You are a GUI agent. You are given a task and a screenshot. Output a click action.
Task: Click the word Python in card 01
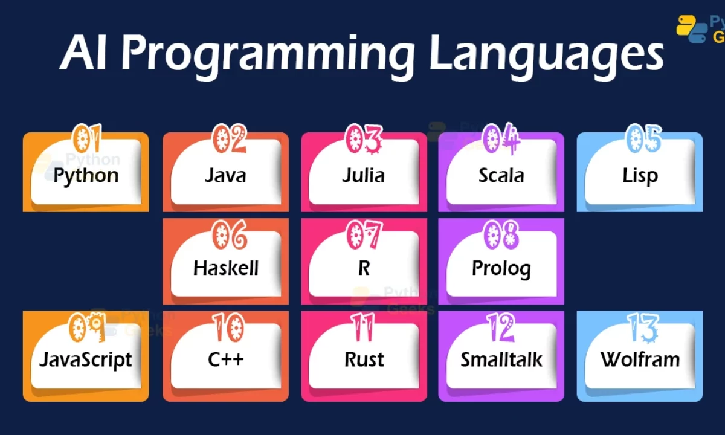point(86,176)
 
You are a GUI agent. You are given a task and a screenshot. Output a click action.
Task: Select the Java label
point(225,175)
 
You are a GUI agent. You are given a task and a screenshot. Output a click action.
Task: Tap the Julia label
point(364,175)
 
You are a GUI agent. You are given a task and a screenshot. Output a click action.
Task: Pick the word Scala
point(501,175)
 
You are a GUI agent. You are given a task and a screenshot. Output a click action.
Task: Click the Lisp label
point(640,176)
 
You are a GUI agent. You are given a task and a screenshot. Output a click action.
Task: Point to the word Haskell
point(226,268)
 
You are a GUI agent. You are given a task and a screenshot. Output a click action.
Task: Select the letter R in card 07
point(364,268)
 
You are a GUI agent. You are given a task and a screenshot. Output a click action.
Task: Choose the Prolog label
point(501,269)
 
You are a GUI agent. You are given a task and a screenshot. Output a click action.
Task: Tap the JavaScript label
point(86,360)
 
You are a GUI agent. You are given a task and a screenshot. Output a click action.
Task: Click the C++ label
point(225,359)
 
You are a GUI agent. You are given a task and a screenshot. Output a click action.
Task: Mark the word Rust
point(364,359)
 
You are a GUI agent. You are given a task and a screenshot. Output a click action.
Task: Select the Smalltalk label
point(501,359)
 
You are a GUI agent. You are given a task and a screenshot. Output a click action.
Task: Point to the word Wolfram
point(640,359)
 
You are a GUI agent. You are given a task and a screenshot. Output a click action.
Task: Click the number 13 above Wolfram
point(643,327)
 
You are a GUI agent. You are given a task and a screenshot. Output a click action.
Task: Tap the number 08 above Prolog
point(501,235)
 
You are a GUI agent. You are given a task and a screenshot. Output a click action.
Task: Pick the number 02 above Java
point(230,138)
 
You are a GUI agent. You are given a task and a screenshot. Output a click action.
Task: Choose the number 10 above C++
point(229,327)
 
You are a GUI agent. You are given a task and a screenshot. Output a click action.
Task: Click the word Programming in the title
point(268,55)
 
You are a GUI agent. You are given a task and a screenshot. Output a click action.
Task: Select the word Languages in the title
point(547,55)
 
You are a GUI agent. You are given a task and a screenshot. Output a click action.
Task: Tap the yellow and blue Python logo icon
point(692,29)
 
